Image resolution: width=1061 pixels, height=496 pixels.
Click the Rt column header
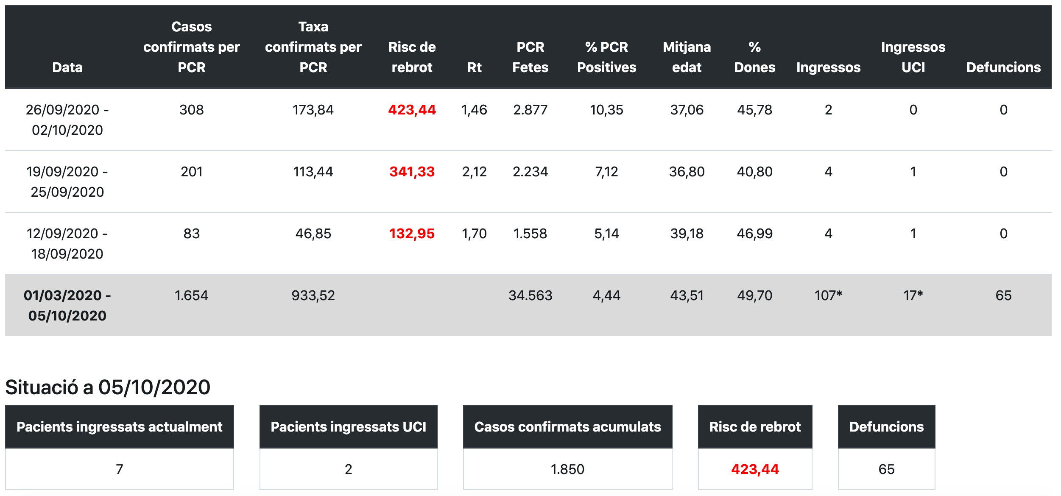(474, 67)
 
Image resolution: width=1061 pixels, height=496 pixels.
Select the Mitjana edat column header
(687, 57)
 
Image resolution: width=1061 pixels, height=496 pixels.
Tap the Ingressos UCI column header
(913, 57)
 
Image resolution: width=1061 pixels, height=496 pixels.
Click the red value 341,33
(412, 172)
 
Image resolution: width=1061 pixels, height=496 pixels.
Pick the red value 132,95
(412, 234)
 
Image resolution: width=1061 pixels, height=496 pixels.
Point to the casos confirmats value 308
(191, 110)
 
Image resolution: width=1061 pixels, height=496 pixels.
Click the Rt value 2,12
(474, 172)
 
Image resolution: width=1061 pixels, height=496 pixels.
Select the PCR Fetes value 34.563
(530, 295)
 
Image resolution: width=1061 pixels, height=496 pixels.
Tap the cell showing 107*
(828, 295)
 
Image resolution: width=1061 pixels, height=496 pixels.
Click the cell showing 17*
(913, 295)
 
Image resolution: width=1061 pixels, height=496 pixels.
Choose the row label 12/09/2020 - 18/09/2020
(67, 243)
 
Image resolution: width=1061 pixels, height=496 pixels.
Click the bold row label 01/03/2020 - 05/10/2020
(67, 305)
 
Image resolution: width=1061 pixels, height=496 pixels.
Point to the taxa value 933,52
(313, 295)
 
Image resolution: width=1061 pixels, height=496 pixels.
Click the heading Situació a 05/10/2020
(108, 387)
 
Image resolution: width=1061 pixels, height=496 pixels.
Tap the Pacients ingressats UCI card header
(348, 426)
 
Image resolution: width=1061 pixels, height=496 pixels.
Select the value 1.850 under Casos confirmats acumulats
(567, 469)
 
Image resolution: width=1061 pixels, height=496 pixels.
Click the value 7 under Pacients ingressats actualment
(119, 469)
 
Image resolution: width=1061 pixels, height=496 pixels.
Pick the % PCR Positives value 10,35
(606, 110)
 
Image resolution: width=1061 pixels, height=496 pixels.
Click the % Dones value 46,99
(754, 234)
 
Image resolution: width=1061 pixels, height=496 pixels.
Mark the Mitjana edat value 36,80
(687, 172)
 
